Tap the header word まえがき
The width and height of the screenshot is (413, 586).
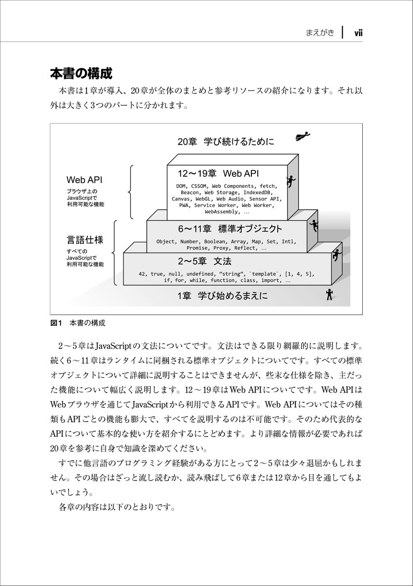(x=320, y=33)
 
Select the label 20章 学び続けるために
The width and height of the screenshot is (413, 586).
(x=226, y=142)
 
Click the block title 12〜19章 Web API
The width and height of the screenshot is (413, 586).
(x=218, y=173)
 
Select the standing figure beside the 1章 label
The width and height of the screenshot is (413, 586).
(x=330, y=294)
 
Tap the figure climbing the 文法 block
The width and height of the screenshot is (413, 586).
(x=336, y=255)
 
